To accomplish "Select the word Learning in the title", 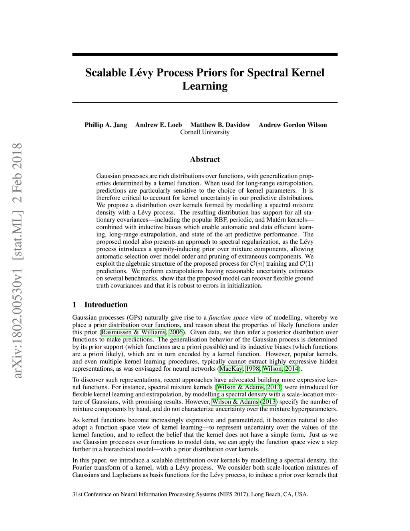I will tap(205, 86).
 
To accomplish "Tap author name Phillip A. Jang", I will tap(106, 125).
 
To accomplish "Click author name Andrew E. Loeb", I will tap(159, 125).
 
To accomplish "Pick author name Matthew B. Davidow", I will tap(220, 125).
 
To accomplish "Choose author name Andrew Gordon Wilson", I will tap(293, 125).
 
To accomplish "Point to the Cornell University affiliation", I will tap(205, 132).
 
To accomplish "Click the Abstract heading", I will tap(205, 160).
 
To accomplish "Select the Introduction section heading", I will tap(106, 305).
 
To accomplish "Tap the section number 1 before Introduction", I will tap(74, 305).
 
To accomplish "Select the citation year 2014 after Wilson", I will tap(291, 369).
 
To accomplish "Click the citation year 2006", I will tap(176, 332).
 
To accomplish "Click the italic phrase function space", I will tap(229, 318).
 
